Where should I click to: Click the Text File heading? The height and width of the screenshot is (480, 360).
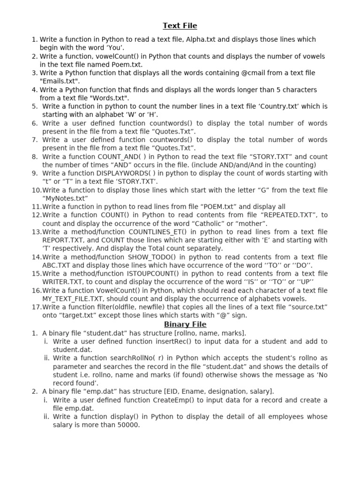coord(180,26)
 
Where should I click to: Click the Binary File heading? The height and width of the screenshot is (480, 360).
coord(185,324)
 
